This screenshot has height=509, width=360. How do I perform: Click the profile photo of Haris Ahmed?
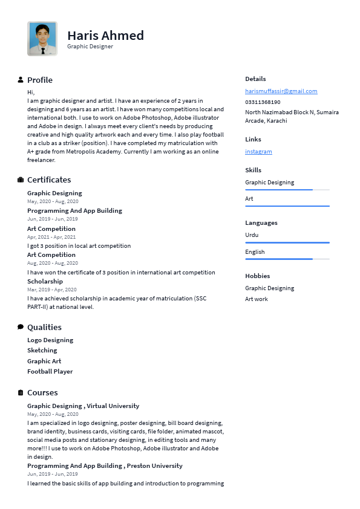point(42,39)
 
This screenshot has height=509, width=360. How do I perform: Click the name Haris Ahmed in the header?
point(105,35)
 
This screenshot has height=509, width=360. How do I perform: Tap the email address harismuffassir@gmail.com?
point(281,91)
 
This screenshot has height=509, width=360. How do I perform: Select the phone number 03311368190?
point(263,102)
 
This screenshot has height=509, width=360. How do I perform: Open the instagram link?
point(258,152)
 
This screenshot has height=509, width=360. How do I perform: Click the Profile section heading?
point(40,80)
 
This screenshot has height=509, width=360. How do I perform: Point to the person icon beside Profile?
point(21,80)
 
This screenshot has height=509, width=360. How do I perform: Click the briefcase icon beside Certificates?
point(21,180)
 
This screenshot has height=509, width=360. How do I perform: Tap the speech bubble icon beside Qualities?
point(21,327)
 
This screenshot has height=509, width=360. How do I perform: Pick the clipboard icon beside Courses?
point(21,392)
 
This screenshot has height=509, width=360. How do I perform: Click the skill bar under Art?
point(287,206)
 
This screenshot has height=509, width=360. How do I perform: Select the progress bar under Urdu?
point(287,242)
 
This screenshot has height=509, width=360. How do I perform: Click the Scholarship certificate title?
point(45,282)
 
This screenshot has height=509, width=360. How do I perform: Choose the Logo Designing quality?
point(50,340)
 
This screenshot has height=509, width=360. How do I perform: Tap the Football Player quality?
point(50,372)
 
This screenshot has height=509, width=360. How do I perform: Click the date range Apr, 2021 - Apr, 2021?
point(51,237)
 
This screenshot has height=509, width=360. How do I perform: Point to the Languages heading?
point(261,223)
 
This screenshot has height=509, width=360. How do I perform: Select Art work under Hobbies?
point(257,299)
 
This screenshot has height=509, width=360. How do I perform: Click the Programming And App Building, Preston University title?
point(105,466)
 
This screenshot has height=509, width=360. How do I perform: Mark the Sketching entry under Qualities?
point(42,351)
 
